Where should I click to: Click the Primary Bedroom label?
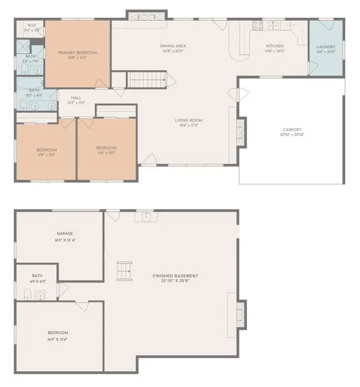point(77,53)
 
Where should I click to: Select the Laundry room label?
point(326,47)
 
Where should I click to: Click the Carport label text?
point(292,130)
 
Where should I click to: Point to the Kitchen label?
point(274,46)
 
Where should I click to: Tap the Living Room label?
point(189,120)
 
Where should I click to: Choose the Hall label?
point(76,98)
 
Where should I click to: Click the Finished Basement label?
point(176,276)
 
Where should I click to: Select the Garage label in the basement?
point(65,234)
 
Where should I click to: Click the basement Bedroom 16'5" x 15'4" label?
point(58,339)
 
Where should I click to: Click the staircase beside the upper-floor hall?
point(147,79)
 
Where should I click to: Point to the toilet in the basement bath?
point(28,294)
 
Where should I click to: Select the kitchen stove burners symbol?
point(257,25)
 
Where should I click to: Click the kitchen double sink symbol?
point(273,25)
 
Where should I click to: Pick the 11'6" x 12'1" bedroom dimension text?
point(106,153)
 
